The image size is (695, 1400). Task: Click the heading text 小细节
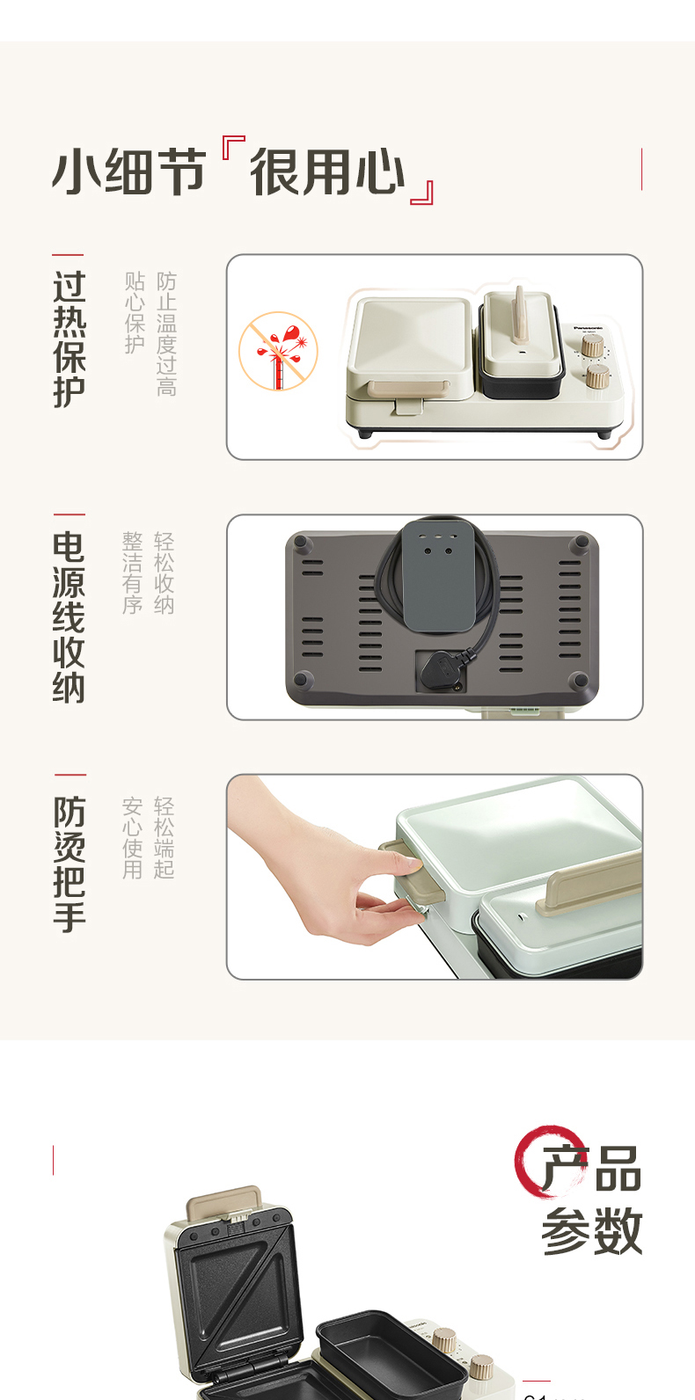point(128,172)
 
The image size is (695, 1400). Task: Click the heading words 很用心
point(327,172)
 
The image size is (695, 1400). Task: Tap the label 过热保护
point(69,339)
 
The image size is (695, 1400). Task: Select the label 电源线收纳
point(69,616)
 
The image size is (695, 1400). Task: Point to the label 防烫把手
point(69,864)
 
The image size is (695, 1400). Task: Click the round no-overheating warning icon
point(278,351)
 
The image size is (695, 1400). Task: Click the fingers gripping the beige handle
point(387,906)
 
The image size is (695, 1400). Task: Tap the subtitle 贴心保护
point(135,312)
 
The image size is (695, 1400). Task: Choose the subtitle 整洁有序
point(133,572)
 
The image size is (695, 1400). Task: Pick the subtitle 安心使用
point(133,838)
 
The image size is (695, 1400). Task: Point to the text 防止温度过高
point(166,333)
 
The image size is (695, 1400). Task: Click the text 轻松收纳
point(165,572)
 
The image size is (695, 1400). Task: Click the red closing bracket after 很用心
point(423,193)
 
